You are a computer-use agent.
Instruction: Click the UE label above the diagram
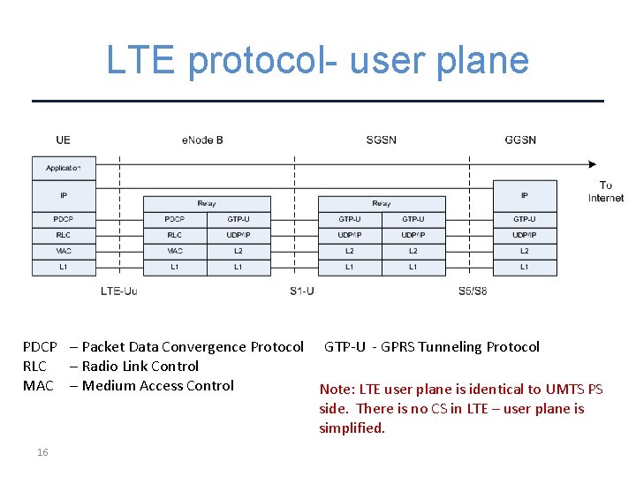[x=63, y=140]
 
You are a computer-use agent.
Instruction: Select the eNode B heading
[x=202, y=140]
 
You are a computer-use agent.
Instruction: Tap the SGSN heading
[x=381, y=140]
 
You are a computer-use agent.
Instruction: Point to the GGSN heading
[x=520, y=140]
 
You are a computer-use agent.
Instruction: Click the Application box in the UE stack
[x=64, y=168]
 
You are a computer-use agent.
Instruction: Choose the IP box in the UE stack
[x=64, y=195]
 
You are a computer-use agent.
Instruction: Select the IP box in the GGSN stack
[x=525, y=195]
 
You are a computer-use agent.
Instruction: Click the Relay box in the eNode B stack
[x=207, y=204]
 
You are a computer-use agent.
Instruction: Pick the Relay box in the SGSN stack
[x=382, y=204]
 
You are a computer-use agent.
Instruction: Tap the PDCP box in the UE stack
[x=64, y=219]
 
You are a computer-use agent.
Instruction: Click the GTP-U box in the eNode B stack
[x=238, y=219]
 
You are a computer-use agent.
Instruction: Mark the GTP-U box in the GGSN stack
[x=525, y=219]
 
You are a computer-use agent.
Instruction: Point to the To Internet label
[x=606, y=192]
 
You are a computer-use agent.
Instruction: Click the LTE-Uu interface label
[x=118, y=291]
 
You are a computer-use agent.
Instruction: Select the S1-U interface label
[x=301, y=291]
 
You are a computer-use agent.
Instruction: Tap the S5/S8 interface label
[x=473, y=291]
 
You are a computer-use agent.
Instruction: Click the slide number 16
[x=42, y=452]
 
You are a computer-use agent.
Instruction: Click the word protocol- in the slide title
[x=264, y=60]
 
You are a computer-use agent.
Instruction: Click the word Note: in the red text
[x=337, y=390]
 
